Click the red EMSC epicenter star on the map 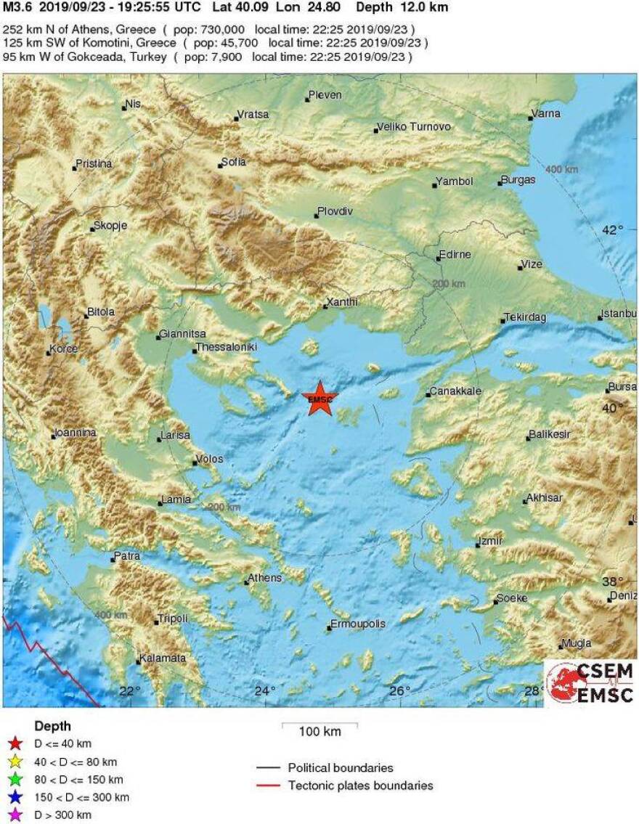pyautogui.click(x=319, y=399)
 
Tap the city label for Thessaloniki pyautogui.click(x=227, y=348)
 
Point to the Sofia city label pyautogui.click(x=234, y=162)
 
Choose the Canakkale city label pyautogui.click(x=455, y=391)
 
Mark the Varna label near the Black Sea pyautogui.click(x=546, y=114)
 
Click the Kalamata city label pyautogui.click(x=163, y=658)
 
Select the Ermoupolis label pyautogui.click(x=357, y=624)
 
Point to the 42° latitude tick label pyautogui.click(x=613, y=230)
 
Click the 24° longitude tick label pyautogui.click(x=264, y=691)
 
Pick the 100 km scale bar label pyautogui.click(x=319, y=732)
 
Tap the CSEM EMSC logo pyautogui.click(x=590, y=683)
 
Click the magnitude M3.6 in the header pyautogui.click(x=17, y=8)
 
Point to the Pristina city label pyautogui.click(x=94, y=164)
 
